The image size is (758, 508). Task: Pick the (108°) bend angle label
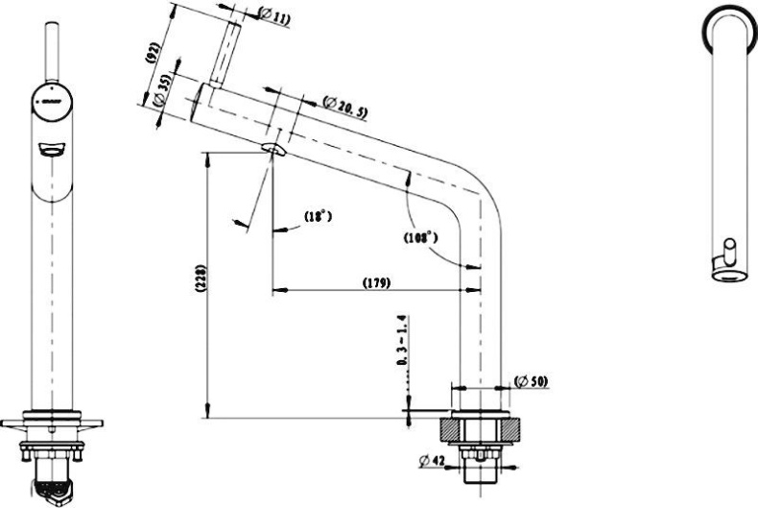pos(419,235)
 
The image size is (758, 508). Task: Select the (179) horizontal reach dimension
pos(375,283)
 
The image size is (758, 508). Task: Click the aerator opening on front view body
pos(47,148)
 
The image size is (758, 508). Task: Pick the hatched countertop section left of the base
pos(450,427)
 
